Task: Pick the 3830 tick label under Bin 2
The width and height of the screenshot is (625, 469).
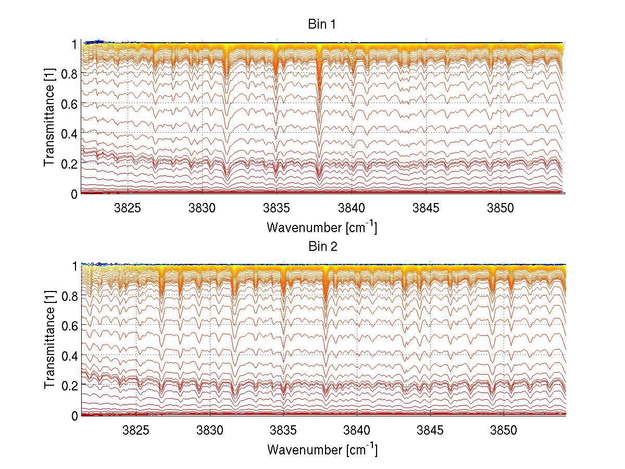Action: tap(210, 430)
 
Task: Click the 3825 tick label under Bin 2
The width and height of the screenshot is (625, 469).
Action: tap(136, 430)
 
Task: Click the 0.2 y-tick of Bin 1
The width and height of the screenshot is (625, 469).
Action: tap(70, 163)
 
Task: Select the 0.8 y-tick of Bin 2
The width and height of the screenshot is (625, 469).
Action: tap(70, 296)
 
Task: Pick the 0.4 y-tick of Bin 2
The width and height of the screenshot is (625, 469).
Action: tap(70, 356)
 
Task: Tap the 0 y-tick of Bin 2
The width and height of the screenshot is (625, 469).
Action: tap(75, 415)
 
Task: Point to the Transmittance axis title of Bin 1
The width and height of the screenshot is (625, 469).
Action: tap(49, 119)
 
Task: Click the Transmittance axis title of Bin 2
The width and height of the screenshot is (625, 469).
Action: tap(49, 340)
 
